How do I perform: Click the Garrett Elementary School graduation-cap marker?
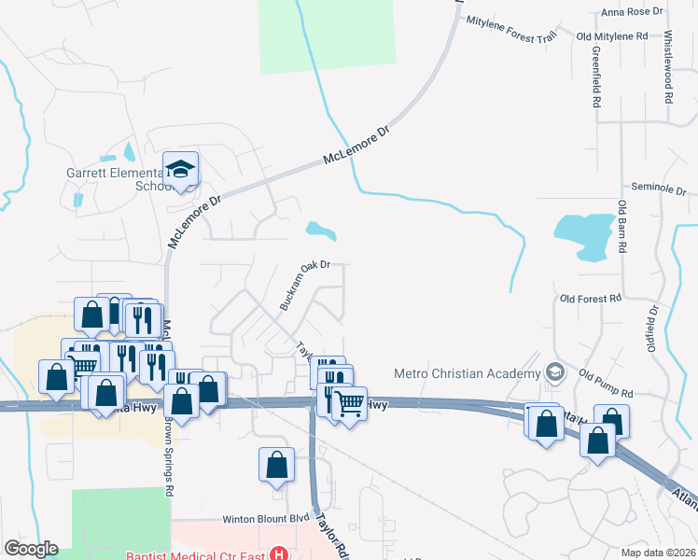(x=180, y=170)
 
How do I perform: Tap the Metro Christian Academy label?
(x=465, y=373)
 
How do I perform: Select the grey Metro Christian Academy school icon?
(x=555, y=372)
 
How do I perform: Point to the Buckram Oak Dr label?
(x=306, y=285)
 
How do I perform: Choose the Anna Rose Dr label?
(x=632, y=12)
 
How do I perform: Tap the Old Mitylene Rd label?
(x=612, y=36)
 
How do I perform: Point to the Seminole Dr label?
(x=659, y=188)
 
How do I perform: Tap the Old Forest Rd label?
(x=590, y=299)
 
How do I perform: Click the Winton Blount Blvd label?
(x=265, y=519)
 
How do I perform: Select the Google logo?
(x=31, y=549)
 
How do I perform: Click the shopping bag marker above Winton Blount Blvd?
(x=277, y=464)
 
